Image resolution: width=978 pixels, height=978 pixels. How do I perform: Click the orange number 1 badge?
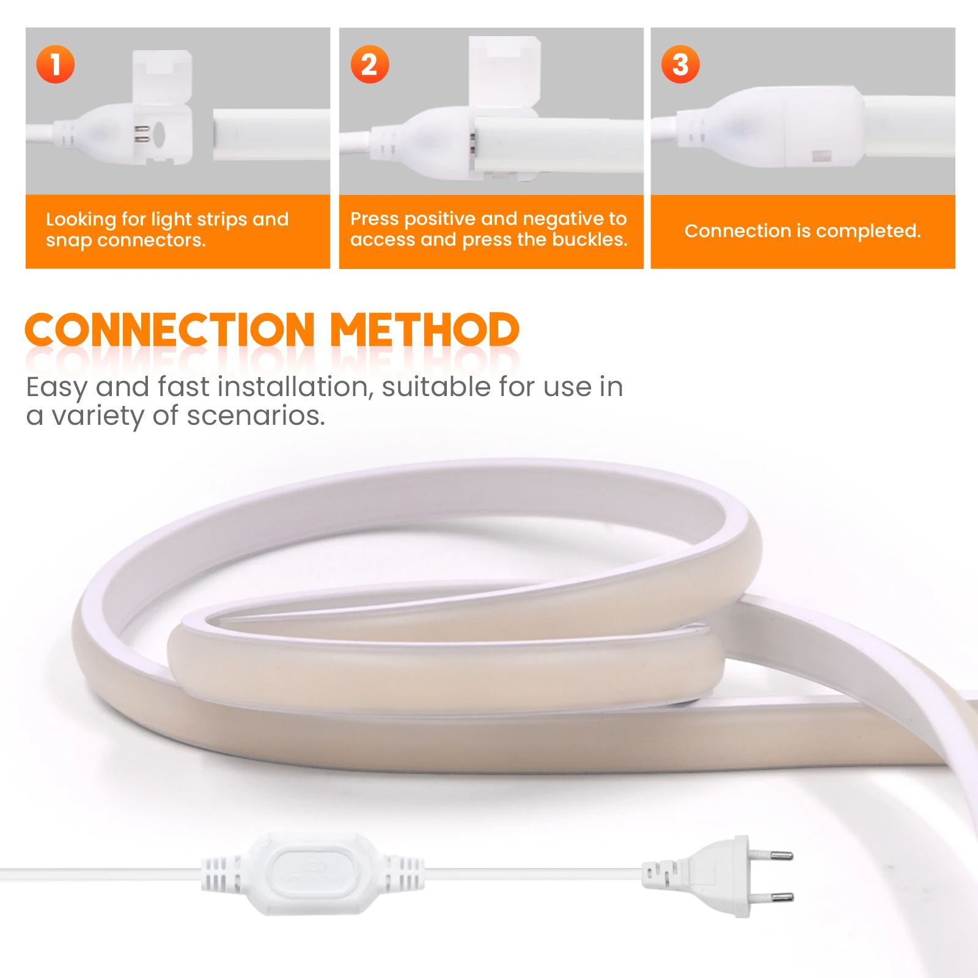pos(56,64)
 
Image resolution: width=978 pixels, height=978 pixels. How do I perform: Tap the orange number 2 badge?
pos(370,64)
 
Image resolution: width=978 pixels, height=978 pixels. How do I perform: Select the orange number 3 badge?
pos(680,64)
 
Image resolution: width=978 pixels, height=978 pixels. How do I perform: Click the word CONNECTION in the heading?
pos(170,330)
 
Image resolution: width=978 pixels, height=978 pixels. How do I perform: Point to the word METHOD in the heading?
pos(425,330)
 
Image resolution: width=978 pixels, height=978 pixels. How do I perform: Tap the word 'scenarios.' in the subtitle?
pos(256,416)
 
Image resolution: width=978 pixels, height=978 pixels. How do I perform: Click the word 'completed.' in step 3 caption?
pos(868,232)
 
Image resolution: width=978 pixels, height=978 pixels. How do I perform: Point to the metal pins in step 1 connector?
pos(142,134)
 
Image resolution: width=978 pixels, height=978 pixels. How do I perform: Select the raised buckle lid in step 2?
pos(504,73)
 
